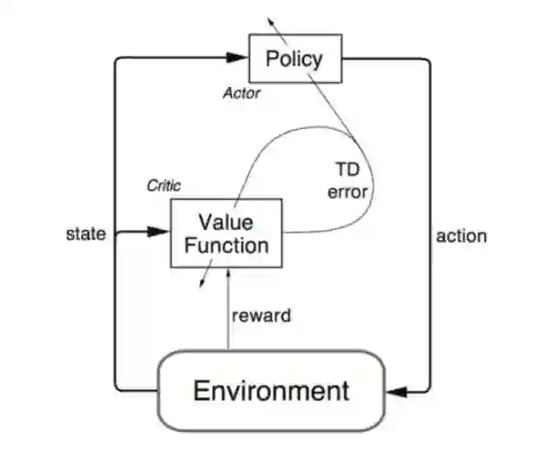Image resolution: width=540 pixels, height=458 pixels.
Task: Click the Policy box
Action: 295,59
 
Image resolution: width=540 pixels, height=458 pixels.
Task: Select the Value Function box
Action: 226,232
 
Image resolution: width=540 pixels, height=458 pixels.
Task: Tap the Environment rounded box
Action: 271,390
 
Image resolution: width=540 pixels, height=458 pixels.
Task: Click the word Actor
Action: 241,93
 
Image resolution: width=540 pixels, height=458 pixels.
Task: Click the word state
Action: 86,233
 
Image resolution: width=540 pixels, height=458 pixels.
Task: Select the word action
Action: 461,235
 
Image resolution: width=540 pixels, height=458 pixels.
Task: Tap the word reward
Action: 261,315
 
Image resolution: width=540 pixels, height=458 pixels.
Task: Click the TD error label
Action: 348,178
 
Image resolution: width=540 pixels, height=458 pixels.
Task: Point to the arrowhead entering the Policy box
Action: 239,58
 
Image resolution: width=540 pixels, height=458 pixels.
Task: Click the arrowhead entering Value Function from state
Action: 159,232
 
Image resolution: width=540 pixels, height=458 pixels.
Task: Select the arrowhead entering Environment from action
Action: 395,391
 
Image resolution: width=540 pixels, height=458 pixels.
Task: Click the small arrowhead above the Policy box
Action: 271,18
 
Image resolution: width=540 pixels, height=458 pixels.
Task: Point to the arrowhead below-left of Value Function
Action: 202,281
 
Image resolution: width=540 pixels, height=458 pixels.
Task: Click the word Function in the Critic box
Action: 226,245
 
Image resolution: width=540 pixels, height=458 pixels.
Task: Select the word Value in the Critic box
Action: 226,219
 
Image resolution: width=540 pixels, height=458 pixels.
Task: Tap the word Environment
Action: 271,390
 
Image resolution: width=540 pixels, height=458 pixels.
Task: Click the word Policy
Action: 295,59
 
